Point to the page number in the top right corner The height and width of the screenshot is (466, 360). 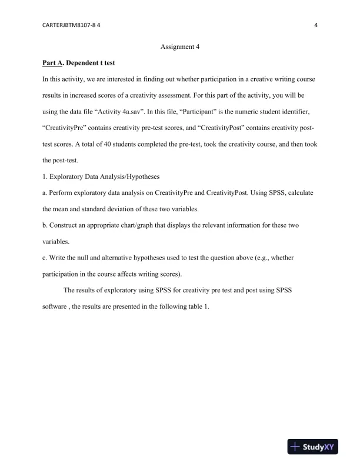point(316,25)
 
